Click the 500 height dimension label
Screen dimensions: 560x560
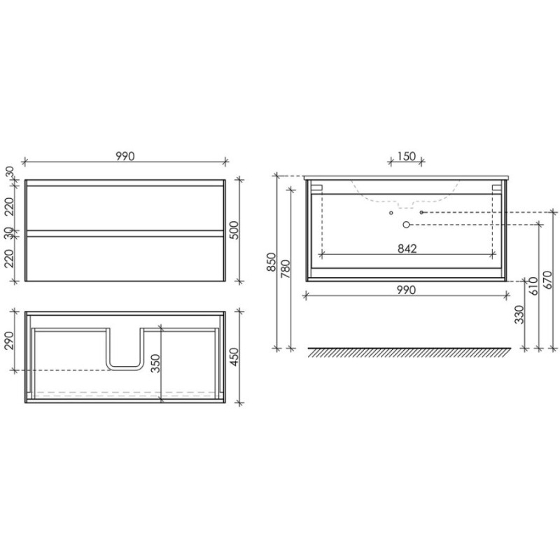point(233,230)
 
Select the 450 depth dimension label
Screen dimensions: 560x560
point(233,357)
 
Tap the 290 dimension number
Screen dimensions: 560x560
point(9,341)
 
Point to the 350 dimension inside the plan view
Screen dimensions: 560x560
point(155,363)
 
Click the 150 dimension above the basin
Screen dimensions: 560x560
point(407,156)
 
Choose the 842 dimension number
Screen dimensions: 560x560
point(407,248)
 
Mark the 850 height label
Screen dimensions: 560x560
point(272,262)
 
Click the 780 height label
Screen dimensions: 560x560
point(286,269)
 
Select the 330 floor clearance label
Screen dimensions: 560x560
point(519,314)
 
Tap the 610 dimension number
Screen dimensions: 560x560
point(534,286)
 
